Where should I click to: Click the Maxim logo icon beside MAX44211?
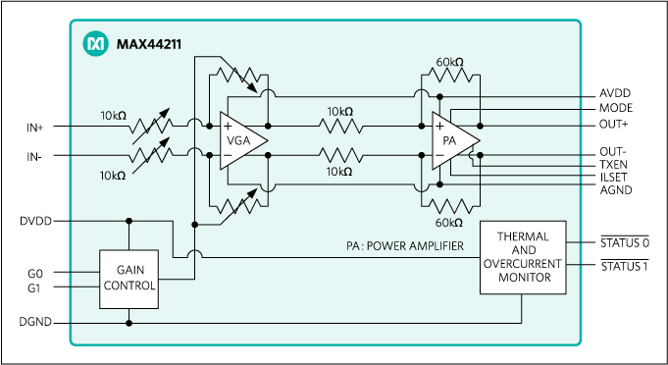pos(95,43)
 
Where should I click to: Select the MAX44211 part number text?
pos(147,43)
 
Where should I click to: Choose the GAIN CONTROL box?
pos(128,279)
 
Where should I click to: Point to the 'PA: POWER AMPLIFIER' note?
pos(405,247)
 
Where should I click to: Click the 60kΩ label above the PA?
pos(449,63)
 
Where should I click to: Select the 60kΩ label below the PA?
pos(449,222)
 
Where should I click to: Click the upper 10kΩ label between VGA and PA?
pos(339,111)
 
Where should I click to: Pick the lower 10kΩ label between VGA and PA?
pos(339,171)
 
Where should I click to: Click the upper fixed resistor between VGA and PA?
pos(339,126)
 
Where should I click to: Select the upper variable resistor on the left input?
pos(150,125)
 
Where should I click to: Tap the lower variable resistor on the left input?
pos(150,154)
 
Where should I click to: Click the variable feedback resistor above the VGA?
pos(240,78)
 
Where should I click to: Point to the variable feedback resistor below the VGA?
pos(240,204)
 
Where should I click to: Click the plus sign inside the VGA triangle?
pos(228,126)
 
